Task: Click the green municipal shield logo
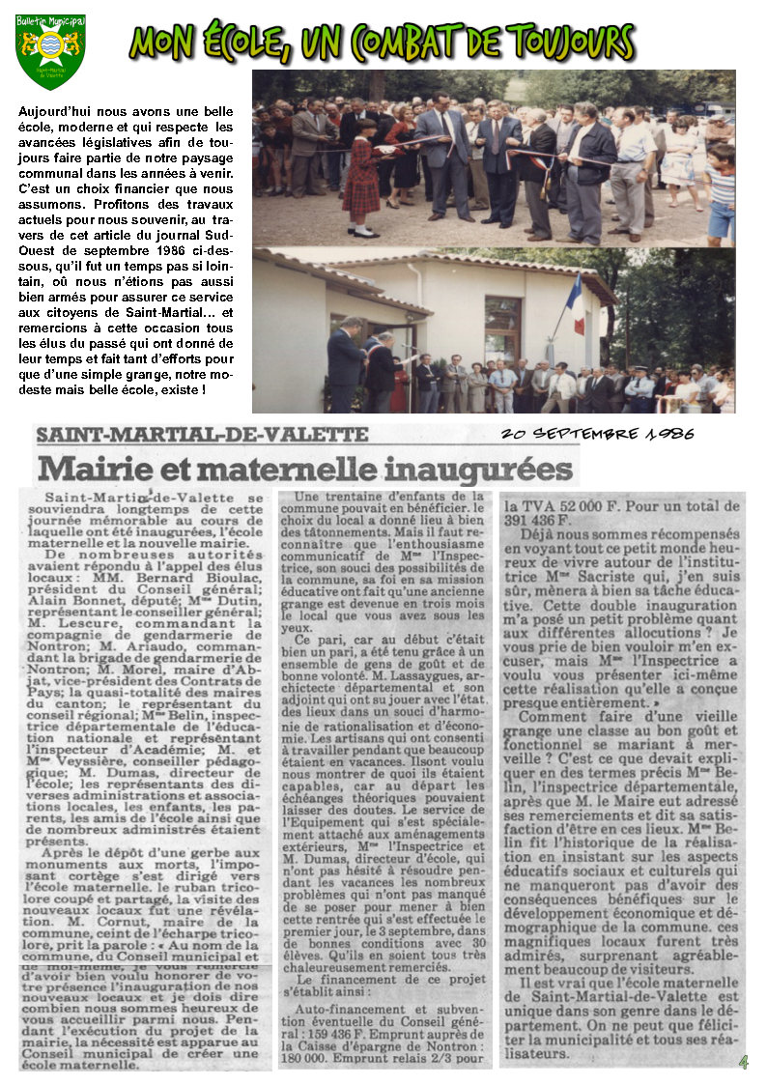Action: [50, 50]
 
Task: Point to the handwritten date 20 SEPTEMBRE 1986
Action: [597, 434]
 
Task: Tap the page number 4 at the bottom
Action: [743, 1062]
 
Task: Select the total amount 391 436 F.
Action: [543, 519]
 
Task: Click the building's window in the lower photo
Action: [502, 329]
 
